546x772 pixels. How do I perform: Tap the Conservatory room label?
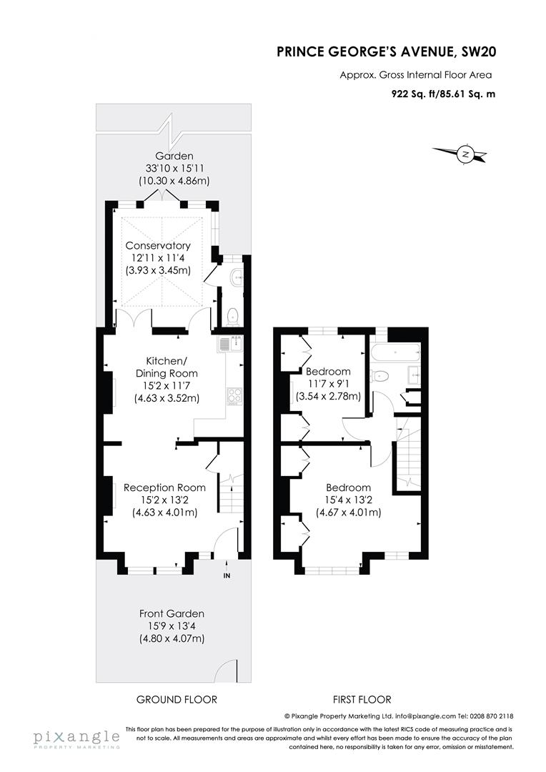(x=157, y=245)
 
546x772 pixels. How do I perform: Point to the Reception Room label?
(x=164, y=488)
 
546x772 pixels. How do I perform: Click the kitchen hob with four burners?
(x=234, y=395)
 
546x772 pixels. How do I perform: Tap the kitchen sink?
(x=230, y=342)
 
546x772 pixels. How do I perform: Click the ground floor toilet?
(x=233, y=317)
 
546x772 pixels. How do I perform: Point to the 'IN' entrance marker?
(x=227, y=575)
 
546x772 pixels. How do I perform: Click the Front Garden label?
(x=172, y=613)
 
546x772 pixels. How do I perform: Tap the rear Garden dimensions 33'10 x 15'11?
(x=174, y=169)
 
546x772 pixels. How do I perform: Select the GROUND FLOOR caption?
(x=177, y=699)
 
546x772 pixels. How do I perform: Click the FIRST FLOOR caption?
(x=362, y=699)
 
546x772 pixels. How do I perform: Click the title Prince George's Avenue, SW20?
(x=387, y=51)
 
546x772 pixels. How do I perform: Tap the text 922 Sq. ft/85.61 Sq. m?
(x=444, y=94)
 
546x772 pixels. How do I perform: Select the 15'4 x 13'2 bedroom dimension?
(x=348, y=500)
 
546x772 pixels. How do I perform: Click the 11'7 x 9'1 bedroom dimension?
(x=329, y=384)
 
